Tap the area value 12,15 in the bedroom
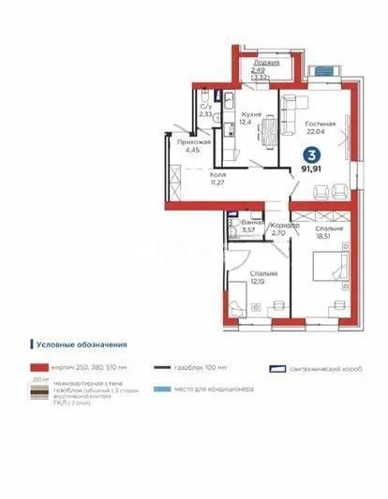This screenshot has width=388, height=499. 258,282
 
